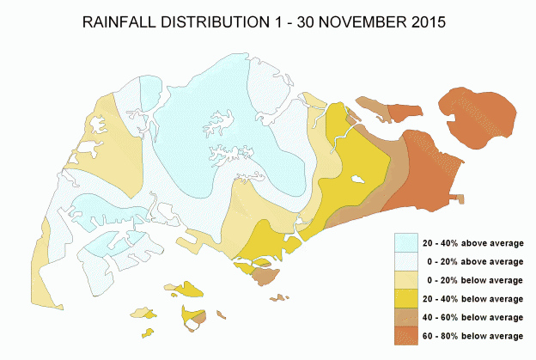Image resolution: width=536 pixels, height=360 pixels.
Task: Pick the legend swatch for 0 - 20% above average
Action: click(408, 260)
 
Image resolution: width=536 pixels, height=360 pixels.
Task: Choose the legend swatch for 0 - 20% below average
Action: click(408, 279)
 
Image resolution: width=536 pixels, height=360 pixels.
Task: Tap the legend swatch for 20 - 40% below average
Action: click(408, 298)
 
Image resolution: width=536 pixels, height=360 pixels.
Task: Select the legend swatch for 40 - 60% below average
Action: click(408, 316)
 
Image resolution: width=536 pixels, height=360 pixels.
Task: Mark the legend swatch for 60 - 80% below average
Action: click(408, 335)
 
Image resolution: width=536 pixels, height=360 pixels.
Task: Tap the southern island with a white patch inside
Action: click(193, 318)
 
